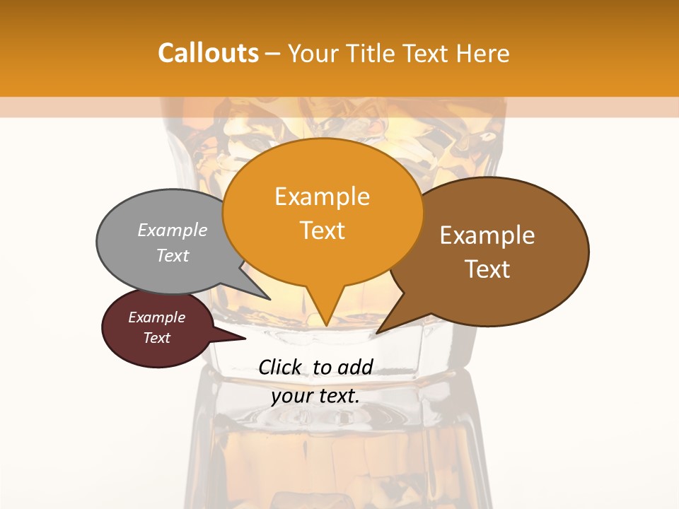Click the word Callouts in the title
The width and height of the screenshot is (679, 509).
208,53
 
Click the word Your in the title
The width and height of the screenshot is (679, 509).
314,53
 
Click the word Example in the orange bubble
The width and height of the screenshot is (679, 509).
322,197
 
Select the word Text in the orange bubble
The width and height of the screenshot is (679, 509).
322,230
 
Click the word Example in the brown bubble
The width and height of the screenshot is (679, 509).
487,235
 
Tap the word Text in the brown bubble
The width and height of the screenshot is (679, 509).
487,269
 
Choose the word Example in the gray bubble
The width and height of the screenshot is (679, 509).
173,230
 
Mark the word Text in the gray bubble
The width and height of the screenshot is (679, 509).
173,255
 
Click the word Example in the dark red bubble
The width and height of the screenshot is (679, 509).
156,317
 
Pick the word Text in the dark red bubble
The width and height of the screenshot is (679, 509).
156,338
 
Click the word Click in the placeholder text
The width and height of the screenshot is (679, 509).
281,368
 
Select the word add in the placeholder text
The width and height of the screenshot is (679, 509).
354,368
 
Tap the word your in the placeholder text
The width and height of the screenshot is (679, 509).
291,396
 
